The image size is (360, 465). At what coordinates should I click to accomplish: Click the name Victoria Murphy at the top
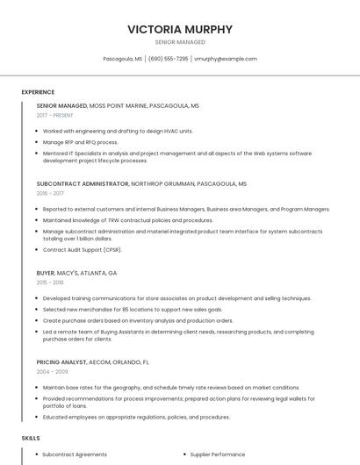(x=180, y=29)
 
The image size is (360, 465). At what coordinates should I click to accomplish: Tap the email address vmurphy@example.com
(x=226, y=59)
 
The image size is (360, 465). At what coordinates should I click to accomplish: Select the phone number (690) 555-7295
(x=168, y=59)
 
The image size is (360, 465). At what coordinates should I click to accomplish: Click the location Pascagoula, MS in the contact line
(x=123, y=59)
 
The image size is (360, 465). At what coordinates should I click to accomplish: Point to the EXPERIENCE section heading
(x=38, y=91)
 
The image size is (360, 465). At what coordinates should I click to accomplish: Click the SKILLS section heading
(x=31, y=437)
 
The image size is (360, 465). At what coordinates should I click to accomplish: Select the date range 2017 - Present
(x=55, y=115)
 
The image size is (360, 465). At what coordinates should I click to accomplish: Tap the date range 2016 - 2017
(x=50, y=193)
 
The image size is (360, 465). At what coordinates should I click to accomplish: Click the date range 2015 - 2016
(x=50, y=283)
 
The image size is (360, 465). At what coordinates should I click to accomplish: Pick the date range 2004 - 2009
(x=51, y=371)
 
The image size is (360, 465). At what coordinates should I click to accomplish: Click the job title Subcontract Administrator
(x=83, y=184)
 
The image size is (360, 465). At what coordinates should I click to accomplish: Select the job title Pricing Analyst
(x=61, y=361)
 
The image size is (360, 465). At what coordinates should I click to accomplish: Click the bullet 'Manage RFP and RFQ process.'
(x=80, y=141)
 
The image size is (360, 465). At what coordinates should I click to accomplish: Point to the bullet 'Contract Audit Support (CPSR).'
(x=83, y=250)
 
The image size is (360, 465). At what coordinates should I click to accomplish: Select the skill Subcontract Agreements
(x=75, y=454)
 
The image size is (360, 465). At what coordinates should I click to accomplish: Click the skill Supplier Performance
(x=218, y=454)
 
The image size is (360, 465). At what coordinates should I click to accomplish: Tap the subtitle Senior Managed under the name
(x=180, y=42)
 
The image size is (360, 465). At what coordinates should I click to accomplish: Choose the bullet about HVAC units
(x=118, y=131)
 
